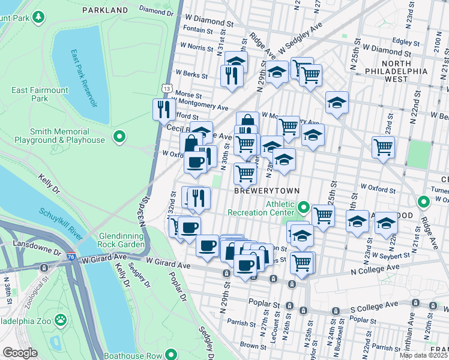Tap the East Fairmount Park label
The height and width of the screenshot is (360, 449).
coord(40,94)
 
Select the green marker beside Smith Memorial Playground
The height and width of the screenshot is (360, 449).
coord(119,137)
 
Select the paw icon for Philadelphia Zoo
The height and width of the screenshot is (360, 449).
coord(61,319)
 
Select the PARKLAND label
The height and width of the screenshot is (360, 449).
coord(105,10)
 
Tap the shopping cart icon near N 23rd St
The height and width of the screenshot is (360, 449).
coord(383,146)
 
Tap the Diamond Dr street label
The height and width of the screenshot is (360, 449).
coord(155,10)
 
